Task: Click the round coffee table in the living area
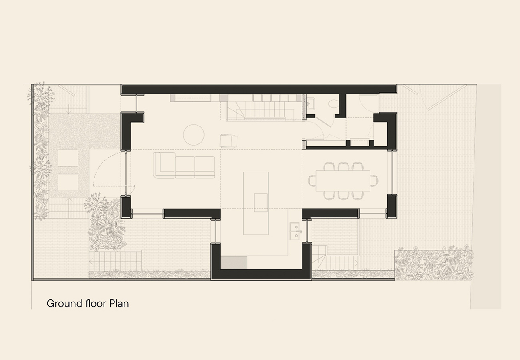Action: point(194,135)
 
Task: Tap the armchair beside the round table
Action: point(229,141)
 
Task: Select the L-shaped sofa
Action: point(184,165)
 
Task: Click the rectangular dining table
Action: point(343,181)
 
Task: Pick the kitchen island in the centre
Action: point(256,203)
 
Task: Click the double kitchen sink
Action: point(294,231)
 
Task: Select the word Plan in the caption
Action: point(119,304)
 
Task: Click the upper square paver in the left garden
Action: point(68,158)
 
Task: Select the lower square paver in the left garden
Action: point(68,182)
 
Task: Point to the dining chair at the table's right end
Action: point(374,181)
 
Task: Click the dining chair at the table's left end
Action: point(312,181)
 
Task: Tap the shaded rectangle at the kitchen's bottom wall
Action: point(234,262)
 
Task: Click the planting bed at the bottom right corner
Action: point(434,265)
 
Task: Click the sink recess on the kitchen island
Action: point(261,202)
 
